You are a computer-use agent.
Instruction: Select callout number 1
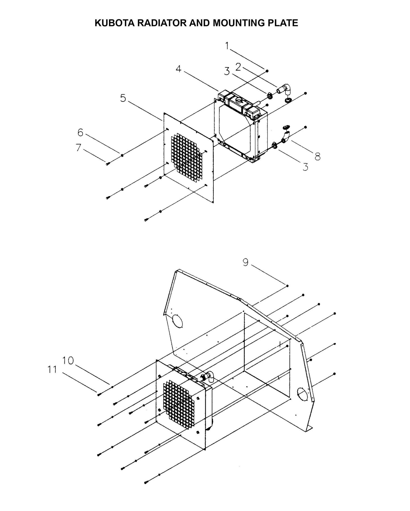pos(227,45)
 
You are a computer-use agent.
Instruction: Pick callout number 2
pos(238,67)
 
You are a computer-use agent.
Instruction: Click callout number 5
pos(123,98)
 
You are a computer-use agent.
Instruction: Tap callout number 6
pos(80,132)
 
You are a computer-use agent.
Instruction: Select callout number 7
pos(79,148)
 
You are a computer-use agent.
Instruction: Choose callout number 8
pos(317,156)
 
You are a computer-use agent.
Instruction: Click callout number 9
pos(246,262)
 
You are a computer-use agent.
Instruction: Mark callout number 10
pos(68,361)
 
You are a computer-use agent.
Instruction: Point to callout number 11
pos(52,370)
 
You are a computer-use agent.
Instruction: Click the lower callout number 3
pos(305,167)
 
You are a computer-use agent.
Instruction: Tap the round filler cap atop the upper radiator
pos(238,100)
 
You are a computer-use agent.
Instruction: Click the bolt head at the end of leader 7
pos(108,164)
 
